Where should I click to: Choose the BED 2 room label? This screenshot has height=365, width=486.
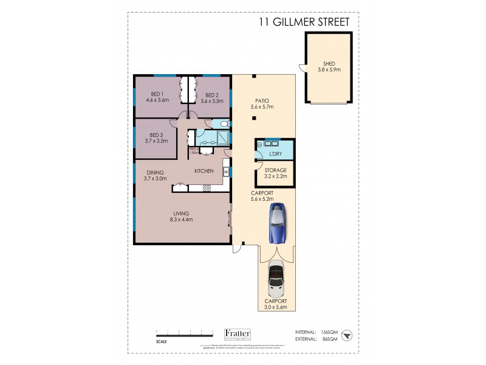pyautogui.click(x=211, y=95)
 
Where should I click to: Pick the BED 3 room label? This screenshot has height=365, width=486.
pyautogui.click(x=156, y=134)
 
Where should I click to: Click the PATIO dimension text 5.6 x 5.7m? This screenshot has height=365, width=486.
pyautogui.click(x=262, y=107)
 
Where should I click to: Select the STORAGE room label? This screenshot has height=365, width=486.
pyautogui.click(x=275, y=170)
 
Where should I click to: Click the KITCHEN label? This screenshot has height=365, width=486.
pyautogui.click(x=203, y=171)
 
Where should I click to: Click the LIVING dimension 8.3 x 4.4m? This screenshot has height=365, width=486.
pyautogui.click(x=180, y=220)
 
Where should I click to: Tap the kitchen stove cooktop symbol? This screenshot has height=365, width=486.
pyautogui.click(x=207, y=189)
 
